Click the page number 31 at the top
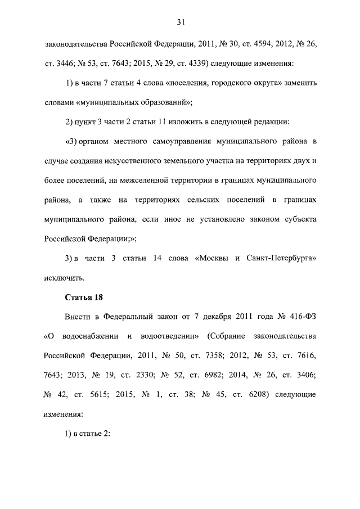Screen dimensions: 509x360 [x=181, y=22]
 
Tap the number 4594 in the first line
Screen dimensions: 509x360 [x=244, y=44]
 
